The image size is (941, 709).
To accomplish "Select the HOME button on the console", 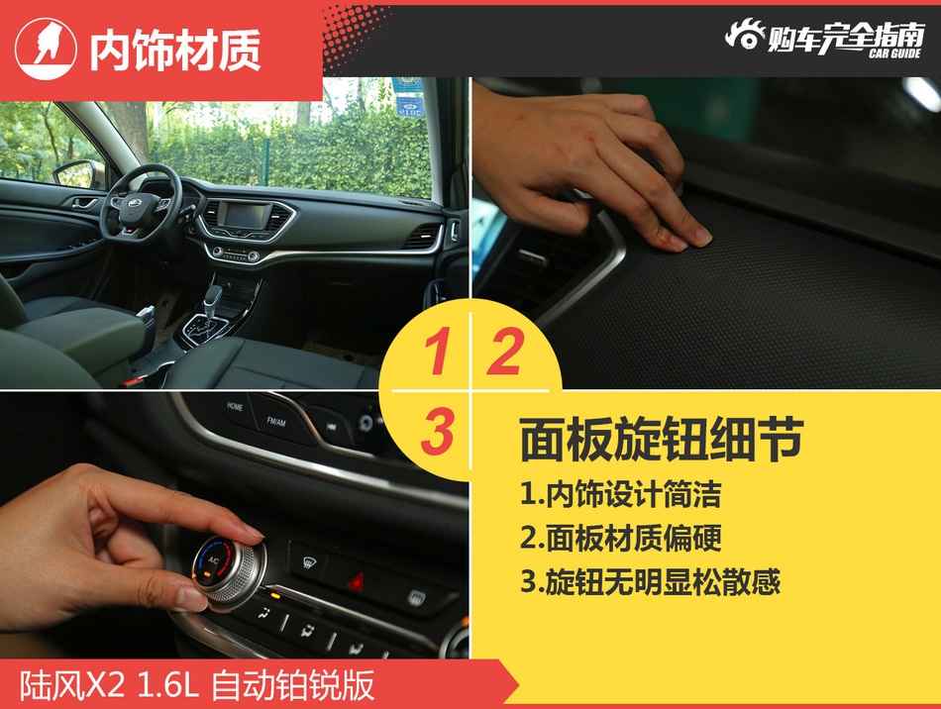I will point(235,406).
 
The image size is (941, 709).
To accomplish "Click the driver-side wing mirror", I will point(77,174).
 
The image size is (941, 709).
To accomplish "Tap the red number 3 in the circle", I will point(437,433).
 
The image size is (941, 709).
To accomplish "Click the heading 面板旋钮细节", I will point(661,440).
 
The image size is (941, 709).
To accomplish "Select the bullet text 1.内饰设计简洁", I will point(620,493).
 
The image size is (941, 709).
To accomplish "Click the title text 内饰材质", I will point(175,50).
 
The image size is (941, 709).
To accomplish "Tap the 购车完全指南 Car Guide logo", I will point(824,38).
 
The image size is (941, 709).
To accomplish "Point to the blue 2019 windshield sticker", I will point(407,98).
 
